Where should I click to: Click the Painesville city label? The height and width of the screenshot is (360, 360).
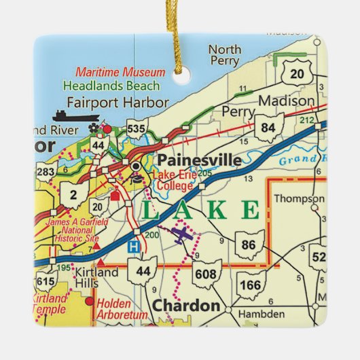pos(199,160)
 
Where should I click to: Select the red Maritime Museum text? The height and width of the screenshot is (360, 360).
pos(120,71)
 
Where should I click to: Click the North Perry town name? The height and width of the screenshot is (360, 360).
pos(224,55)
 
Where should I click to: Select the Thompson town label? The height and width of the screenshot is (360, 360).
pos(299,199)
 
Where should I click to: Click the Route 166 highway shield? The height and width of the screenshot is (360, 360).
pos(251,284)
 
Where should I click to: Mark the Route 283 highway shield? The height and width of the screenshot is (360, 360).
pos(46,173)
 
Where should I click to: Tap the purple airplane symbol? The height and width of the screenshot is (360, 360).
pos(181,235)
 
